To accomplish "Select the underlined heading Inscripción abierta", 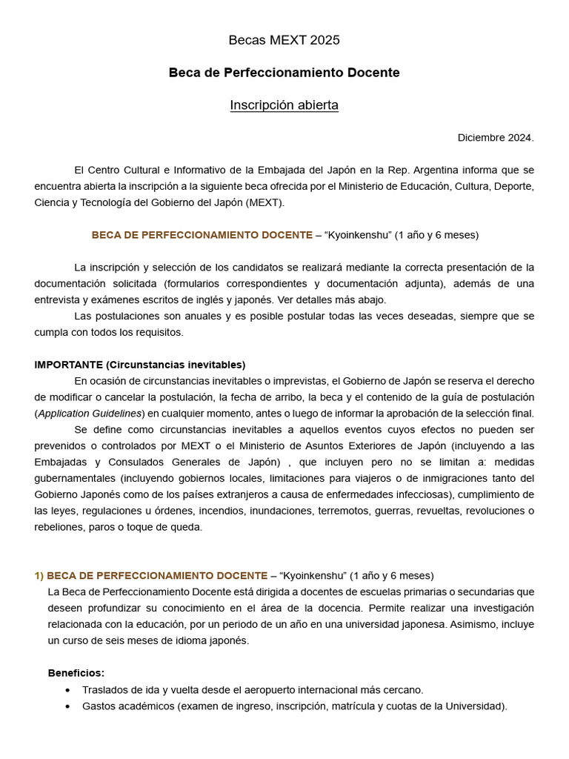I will [x=284, y=105].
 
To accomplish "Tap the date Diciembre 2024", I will [x=496, y=138].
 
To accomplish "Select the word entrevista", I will [x=63, y=299].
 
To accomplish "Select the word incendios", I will [x=222, y=511].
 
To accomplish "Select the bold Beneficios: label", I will [x=76, y=673].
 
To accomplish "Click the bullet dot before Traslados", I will [x=68, y=690].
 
